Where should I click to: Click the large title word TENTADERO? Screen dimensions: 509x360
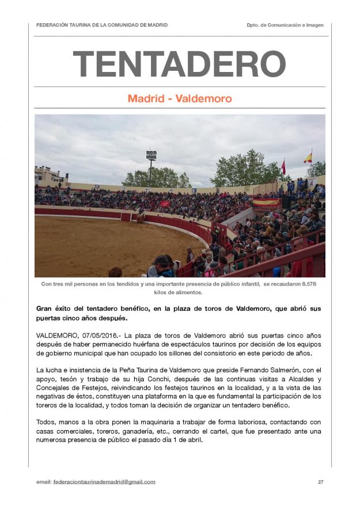point(179,64)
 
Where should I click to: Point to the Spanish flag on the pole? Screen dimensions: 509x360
point(308,157)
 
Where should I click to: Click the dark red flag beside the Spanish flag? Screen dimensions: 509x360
point(283,167)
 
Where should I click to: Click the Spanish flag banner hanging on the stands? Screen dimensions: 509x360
point(266,203)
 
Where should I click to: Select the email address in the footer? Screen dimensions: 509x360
point(104,482)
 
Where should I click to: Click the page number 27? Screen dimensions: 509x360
point(320,482)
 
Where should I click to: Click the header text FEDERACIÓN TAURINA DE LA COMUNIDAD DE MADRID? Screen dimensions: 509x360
point(102,25)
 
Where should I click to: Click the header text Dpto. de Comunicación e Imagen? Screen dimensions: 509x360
point(285,25)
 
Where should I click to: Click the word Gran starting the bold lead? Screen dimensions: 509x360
point(45,309)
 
